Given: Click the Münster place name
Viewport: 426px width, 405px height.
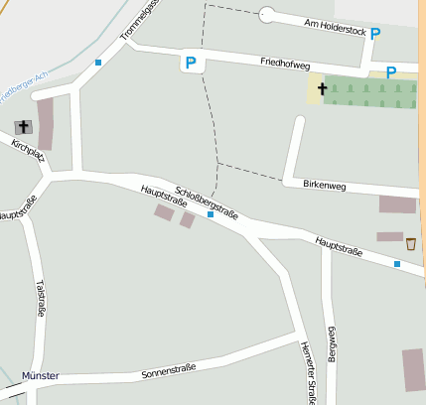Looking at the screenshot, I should pyautogui.click(x=40, y=376).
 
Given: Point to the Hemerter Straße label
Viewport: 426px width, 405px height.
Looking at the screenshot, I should pyautogui.click(x=307, y=372).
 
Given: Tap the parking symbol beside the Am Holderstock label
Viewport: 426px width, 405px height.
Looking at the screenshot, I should pyautogui.click(x=376, y=33).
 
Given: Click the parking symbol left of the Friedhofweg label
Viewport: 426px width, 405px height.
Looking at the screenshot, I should pyautogui.click(x=191, y=64).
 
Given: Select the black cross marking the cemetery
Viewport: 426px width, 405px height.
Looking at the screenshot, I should pyautogui.click(x=322, y=89).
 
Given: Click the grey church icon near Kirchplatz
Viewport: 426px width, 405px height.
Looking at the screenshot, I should pyautogui.click(x=23, y=127).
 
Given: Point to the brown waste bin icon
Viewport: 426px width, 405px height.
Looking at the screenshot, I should pyautogui.click(x=410, y=243).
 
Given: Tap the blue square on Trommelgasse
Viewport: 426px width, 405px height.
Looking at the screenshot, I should pyautogui.click(x=98, y=63).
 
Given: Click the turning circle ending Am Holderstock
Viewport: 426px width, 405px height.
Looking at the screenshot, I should pyautogui.click(x=266, y=15).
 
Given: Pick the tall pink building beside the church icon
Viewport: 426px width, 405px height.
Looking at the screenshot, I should pyautogui.click(x=46, y=124).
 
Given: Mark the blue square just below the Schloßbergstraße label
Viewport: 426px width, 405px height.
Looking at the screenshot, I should pyautogui.click(x=211, y=213).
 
